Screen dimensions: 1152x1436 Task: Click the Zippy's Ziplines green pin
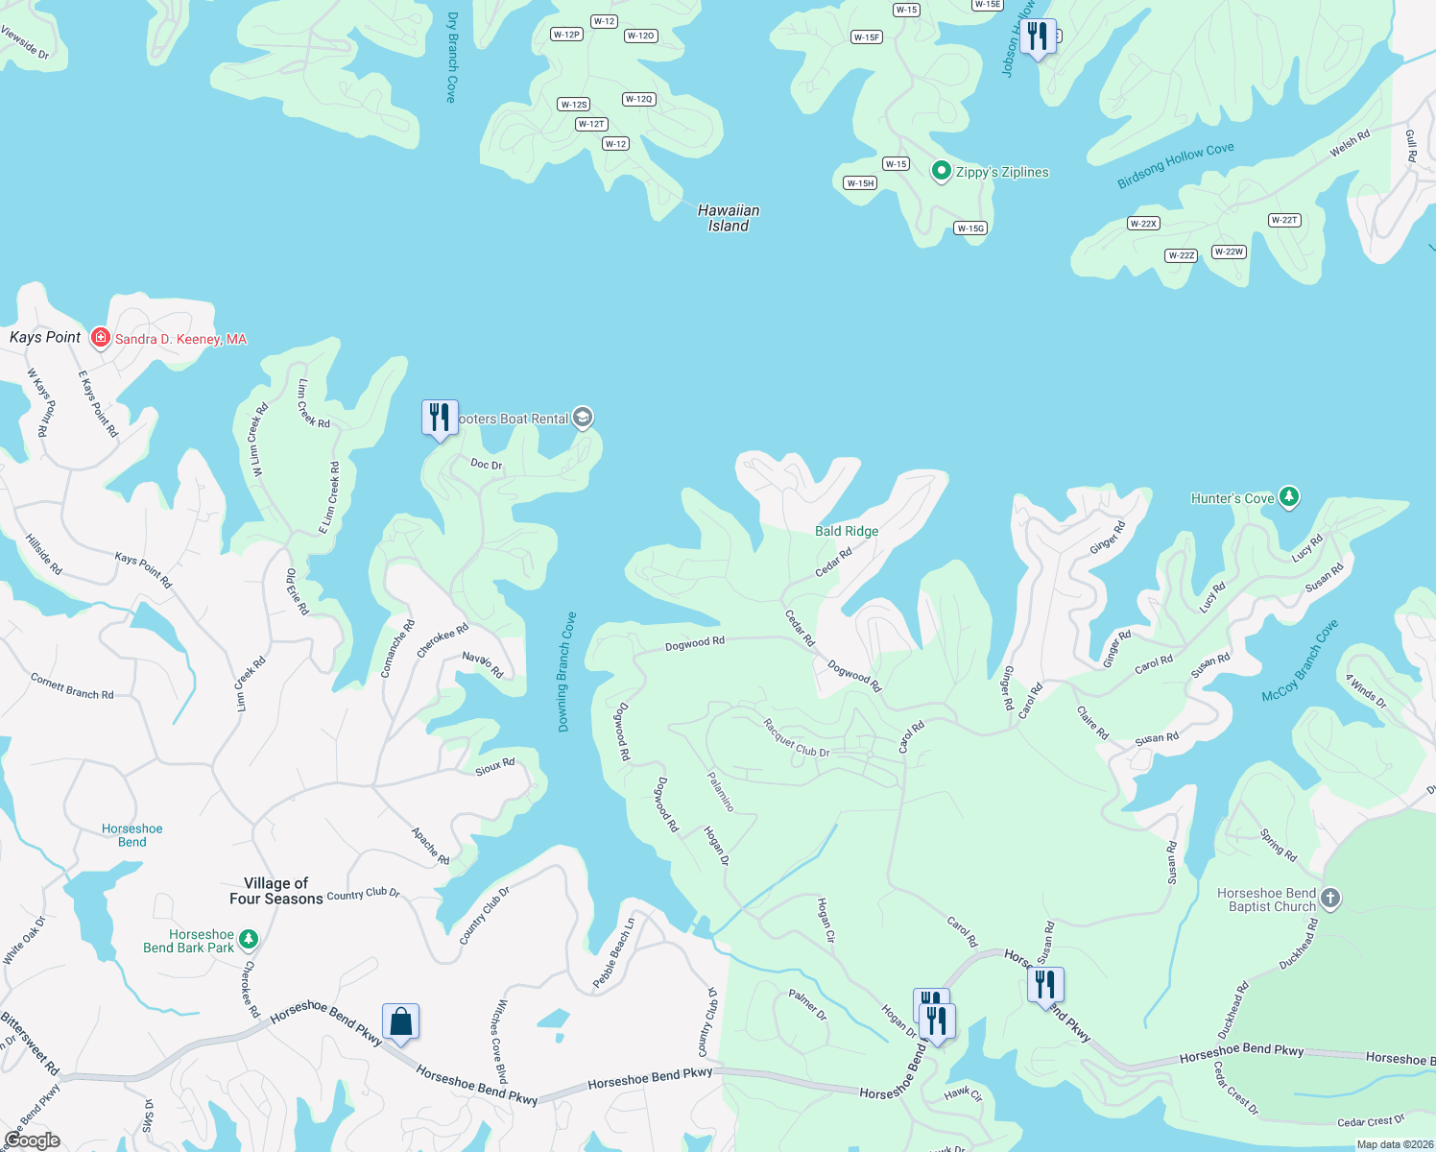[x=942, y=172]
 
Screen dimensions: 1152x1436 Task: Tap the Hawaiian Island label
[x=729, y=218]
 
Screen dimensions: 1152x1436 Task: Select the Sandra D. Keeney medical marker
[x=100, y=338]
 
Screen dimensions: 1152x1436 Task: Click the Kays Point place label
[x=45, y=337]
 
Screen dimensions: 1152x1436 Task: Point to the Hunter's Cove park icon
[x=1289, y=497]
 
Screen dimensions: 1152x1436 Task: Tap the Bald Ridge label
[x=847, y=531]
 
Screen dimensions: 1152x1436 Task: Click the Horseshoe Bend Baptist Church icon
[x=1329, y=899]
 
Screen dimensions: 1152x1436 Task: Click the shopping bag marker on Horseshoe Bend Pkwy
[x=400, y=1021]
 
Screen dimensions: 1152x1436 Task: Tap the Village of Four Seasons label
[x=276, y=891]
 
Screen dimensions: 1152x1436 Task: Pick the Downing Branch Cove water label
[x=567, y=672]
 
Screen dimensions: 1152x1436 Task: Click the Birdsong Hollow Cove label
[x=1176, y=165]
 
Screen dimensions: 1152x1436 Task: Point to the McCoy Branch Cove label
[x=1300, y=660]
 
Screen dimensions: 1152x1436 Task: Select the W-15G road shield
[x=970, y=228]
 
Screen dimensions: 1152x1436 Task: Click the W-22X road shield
[x=1143, y=224]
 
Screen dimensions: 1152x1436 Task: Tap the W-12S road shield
[x=574, y=105]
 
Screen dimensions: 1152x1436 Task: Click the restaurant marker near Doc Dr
[x=440, y=418]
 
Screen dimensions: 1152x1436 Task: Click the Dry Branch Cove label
[x=452, y=58]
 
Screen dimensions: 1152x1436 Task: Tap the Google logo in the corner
[x=32, y=1140]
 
